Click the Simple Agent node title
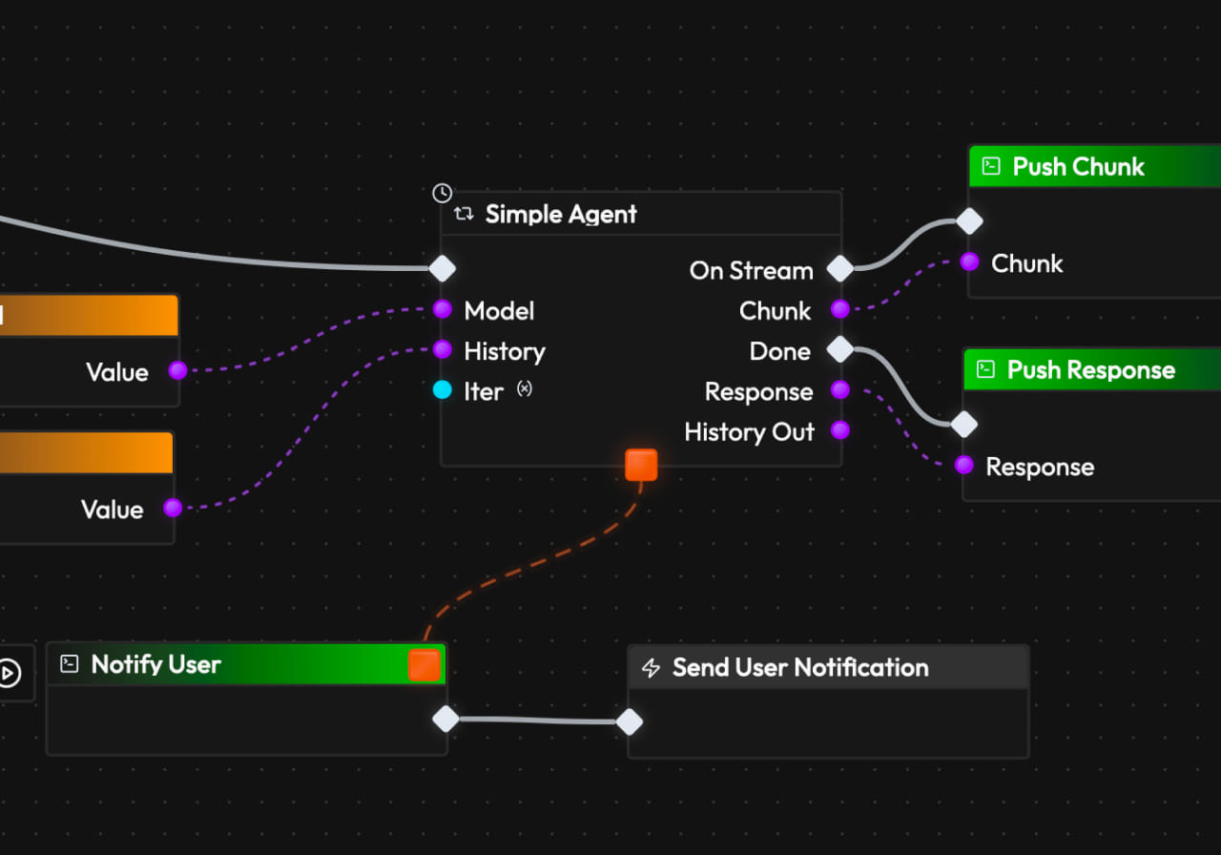pos(561,214)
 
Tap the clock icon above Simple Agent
pos(442,193)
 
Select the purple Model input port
pos(443,309)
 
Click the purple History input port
pos(443,349)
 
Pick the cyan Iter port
pos(443,390)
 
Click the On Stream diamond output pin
pos(839,269)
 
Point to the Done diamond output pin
pos(839,349)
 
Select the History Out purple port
pos(839,430)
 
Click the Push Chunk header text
pos(1078,167)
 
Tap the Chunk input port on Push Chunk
pos(970,261)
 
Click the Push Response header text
pos(1090,370)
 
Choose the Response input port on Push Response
pos(964,465)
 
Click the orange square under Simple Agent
pos(641,465)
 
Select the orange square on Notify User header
pos(424,665)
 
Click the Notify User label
pos(155,664)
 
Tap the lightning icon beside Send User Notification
pos(652,668)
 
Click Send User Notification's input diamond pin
pos(630,721)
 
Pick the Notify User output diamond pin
pos(445,719)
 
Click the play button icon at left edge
pos(8,673)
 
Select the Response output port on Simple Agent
pos(839,389)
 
